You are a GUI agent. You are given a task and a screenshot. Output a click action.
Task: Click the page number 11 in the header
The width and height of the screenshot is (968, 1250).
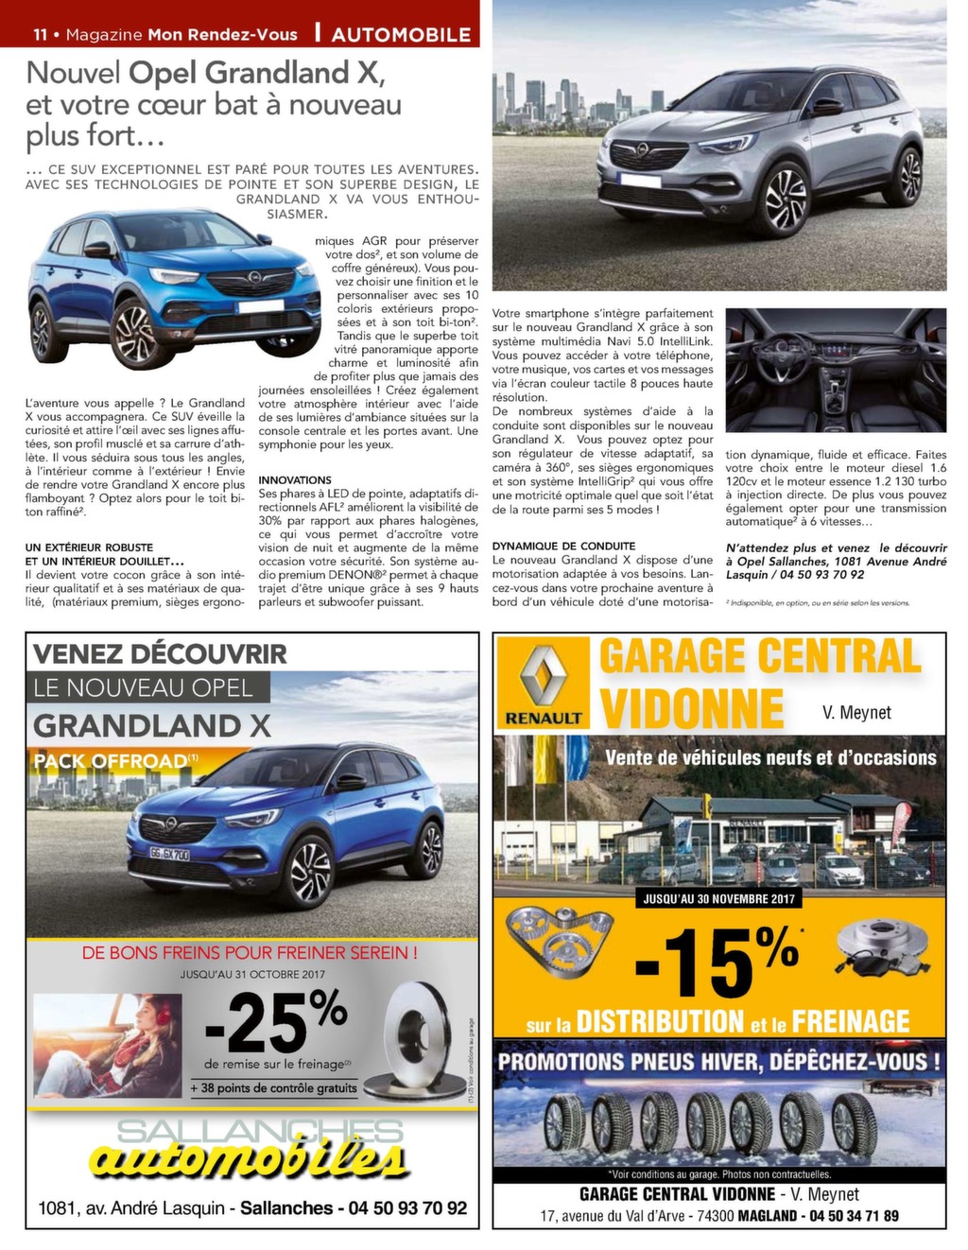(40, 35)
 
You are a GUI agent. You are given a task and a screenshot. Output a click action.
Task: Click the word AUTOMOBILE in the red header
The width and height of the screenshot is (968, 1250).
(401, 35)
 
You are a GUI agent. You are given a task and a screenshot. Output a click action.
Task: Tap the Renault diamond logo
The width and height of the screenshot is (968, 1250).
(544, 672)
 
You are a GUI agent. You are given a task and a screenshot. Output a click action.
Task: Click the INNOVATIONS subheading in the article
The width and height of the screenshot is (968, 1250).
(295, 480)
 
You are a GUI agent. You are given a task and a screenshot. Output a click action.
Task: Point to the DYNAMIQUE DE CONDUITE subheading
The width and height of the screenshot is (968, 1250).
(563, 547)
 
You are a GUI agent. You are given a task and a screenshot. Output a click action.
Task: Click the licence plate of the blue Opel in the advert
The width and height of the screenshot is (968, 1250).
(170, 855)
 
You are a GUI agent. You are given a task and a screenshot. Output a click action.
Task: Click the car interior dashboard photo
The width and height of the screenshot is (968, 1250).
(836, 371)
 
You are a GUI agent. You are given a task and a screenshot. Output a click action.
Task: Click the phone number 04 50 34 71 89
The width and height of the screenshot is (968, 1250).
(854, 1216)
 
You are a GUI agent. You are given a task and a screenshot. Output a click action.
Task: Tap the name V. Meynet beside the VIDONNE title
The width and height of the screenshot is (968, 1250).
(856, 712)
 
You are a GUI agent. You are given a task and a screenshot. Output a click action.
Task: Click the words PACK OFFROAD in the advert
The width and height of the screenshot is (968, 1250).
(111, 761)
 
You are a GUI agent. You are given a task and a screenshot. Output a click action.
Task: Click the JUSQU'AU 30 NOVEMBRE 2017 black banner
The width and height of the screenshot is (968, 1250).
(719, 898)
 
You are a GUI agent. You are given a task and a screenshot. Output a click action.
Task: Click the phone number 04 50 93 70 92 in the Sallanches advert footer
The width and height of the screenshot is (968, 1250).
(407, 1208)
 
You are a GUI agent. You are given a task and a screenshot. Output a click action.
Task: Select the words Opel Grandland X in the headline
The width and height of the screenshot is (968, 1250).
(256, 73)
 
